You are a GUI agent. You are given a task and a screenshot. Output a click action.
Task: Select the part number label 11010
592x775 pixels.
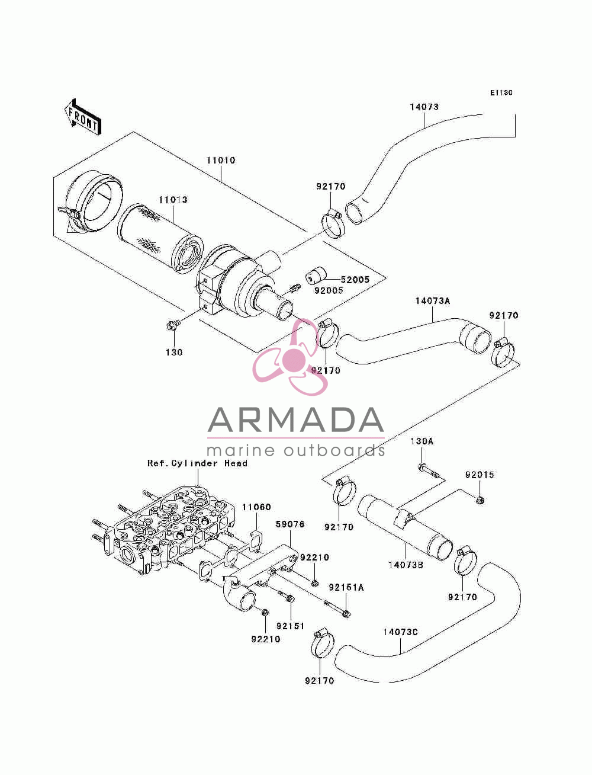(x=221, y=161)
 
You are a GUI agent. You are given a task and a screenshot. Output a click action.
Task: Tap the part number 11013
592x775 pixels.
(x=173, y=200)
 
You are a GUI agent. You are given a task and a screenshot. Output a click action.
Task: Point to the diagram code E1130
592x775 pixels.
(x=501, y=93)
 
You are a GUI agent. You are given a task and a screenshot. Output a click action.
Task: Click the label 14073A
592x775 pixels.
(x=433, y=301)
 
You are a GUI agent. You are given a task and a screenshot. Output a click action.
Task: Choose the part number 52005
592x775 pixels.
(x=355, y=280)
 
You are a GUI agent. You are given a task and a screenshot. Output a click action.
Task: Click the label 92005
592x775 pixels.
(x=329, y=290)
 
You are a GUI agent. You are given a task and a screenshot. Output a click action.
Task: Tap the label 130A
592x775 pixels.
(x=422, y=441)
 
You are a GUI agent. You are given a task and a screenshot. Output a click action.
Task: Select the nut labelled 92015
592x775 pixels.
(x=479, y=499)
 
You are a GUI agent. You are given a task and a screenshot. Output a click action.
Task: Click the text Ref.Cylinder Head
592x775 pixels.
(x=197, y=463)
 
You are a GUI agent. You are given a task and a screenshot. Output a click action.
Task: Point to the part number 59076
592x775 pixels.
(x=290, y=524)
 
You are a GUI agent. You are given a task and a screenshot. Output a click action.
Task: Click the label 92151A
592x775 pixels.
(x=346, y=588)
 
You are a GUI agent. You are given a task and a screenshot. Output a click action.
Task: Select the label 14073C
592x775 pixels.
(x=400, y=632)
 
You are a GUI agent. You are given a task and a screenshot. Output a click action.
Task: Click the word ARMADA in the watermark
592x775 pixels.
(x=295, y=420)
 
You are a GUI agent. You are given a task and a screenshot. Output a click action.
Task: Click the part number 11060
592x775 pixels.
(x=256, y=507)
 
